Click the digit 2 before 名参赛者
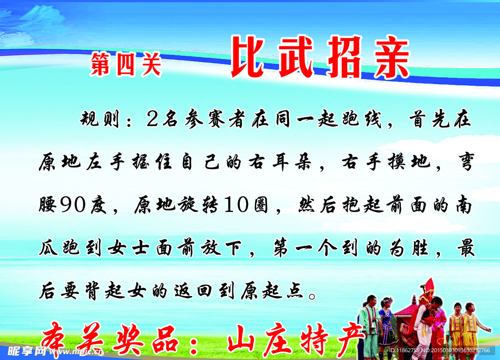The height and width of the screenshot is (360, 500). click(151, 119)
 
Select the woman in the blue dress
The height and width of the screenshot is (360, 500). click(386, 325)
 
